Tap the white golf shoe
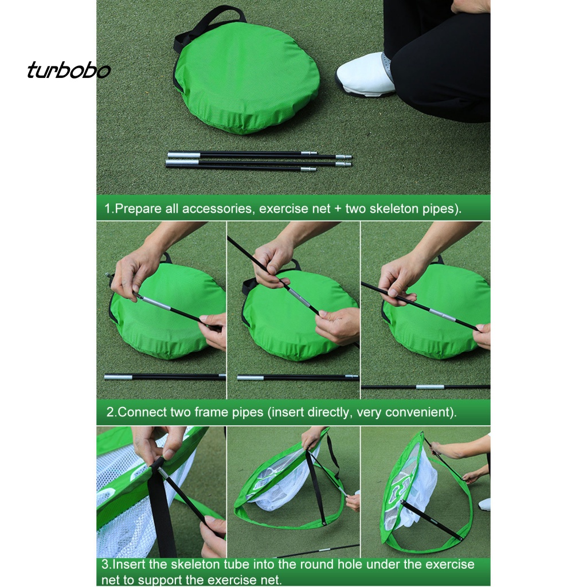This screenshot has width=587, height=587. (365, 75)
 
